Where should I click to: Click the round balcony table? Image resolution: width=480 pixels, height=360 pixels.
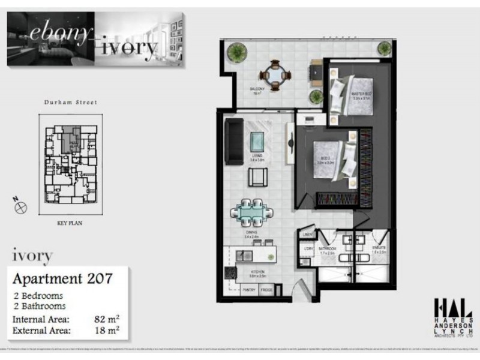click(x=275, y=76)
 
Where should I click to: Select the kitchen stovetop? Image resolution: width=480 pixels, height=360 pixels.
click(x=228, y=274)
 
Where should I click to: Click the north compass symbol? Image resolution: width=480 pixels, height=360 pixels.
click(x=21, y=207)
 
